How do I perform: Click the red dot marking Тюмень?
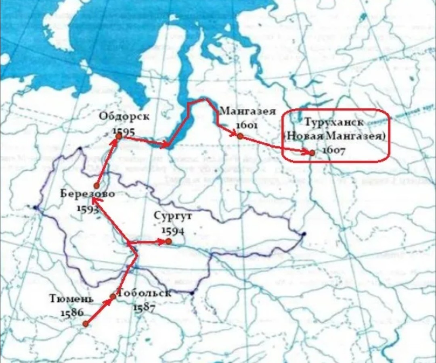click(x=86, y=323)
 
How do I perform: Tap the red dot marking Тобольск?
click(x=113, y=296)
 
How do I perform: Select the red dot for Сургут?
click(x=168, y=241)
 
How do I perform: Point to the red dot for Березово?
click(x=96, y=186)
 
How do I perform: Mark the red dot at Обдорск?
click(x=119, y=136)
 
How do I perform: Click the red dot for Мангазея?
click(x=240, y=136)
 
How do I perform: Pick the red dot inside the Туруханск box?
click(x=312, y=152)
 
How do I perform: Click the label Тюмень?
click(x=72, y=299)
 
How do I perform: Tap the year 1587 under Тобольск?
click(x=144, y=307)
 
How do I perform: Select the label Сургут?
click(x=173, y=216)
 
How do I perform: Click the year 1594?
click(x=173, y=231)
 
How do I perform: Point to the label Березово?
click(x=88, y=194)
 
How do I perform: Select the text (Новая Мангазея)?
click(x=335, y=136)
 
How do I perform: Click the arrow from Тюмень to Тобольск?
click(x=99, y=310)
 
